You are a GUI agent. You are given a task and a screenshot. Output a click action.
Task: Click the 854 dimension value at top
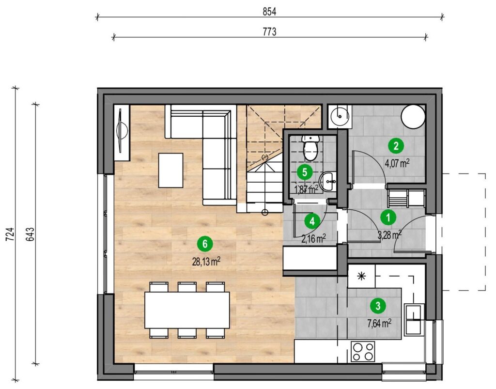point(269,12)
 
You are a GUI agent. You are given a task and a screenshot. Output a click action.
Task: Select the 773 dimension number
point(269,32)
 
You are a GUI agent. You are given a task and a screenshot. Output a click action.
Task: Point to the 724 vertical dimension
point(11,234)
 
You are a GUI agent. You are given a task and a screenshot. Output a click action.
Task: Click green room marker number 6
point(205,244)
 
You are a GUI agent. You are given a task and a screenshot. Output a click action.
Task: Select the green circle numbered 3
point(378,306)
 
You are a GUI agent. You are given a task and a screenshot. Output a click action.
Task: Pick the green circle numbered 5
point(305,172)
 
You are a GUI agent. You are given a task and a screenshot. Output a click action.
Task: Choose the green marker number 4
point(312,221)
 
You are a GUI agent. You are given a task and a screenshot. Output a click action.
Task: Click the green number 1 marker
point(388,218)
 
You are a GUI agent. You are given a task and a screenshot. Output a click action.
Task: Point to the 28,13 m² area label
point(206,261)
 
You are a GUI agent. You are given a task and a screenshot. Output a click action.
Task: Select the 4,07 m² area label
point(397,163)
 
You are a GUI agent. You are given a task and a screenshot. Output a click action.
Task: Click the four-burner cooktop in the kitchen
point(363,352)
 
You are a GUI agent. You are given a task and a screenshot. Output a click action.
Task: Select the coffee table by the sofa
point(171,170)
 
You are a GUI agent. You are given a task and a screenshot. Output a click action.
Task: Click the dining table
point(187,310)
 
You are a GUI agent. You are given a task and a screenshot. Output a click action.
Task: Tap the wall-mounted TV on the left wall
point(122,131)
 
